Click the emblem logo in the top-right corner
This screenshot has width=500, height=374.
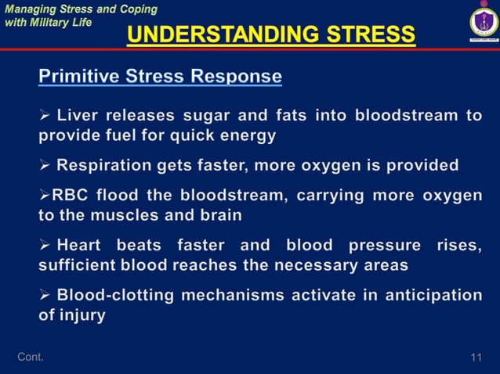point(479,23)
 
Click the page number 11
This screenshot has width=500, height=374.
point(476,358)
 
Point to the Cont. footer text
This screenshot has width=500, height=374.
point(31,358)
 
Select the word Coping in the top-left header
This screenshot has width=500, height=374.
point(138,9)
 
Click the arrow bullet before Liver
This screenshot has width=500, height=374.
point(45,116)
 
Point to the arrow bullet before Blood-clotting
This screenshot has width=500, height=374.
point(45,295)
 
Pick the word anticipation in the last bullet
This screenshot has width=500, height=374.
point(433,295)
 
